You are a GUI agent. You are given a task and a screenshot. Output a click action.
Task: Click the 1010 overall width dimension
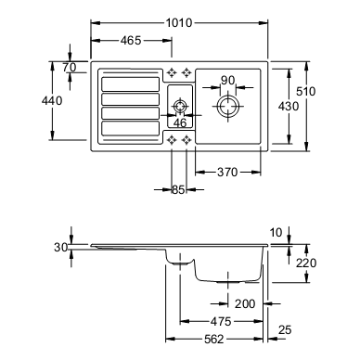tap(179, 23)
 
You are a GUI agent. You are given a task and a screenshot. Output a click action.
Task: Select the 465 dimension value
tap(131, 41)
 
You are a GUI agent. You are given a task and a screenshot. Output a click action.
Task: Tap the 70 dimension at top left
tap(70, 67)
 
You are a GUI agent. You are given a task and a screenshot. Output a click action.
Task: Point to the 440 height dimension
tap(52, 101)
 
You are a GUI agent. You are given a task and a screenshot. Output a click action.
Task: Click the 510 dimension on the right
tap(306, 92)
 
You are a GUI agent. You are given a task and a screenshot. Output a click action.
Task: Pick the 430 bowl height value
tap(289, 107)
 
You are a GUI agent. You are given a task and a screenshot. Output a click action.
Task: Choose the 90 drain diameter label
tap(228, 81)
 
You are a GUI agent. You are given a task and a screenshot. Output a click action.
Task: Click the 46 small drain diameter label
tap(180, 123)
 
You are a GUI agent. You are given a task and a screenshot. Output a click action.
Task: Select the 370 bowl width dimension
tap(227, 173)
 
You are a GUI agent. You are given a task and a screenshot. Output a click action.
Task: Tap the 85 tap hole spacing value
tap(178, 189)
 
